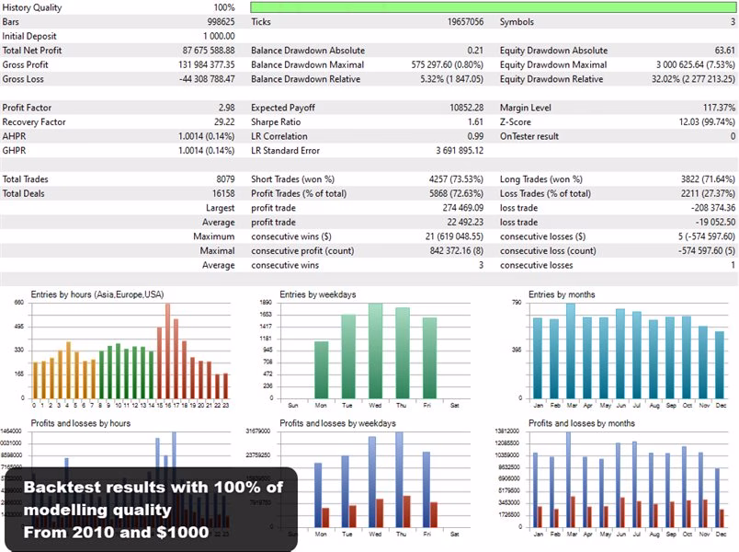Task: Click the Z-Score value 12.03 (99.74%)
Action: click(702, 121)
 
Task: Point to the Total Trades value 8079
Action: click(223, 179)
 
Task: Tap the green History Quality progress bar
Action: click(494, 7)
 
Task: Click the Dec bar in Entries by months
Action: click(720, 362)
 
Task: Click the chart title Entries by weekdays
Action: click(317, 294)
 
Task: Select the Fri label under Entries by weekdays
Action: click(429, 405)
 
